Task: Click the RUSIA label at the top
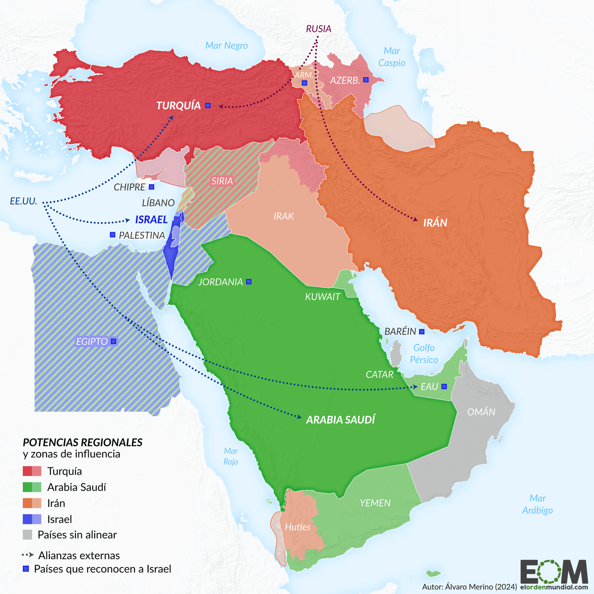(x=318, y=29)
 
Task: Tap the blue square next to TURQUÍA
(x=208, y=106)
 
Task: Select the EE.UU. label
(x=23, y=201)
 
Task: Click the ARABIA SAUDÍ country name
(x=340, y=419)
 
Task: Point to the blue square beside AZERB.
(x=366, y=80)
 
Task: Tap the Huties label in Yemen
(x=297, y=527)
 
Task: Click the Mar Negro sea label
(x=226, y=45)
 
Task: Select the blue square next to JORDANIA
(x=249, y=282)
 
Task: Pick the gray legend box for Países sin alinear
(x=27, y=535)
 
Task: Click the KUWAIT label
(x=323, y=297)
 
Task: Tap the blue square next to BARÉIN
(x=422, y=331)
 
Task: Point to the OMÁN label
(x=481, y=412)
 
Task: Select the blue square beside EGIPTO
(x=113, y=341)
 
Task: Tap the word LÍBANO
(x=158, y=203)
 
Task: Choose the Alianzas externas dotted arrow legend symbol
(x=27, y=555)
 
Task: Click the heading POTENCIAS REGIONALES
(x=83, y=442)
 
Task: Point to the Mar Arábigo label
(x=537, y=504)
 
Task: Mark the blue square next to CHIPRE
(x=152, y=187)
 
